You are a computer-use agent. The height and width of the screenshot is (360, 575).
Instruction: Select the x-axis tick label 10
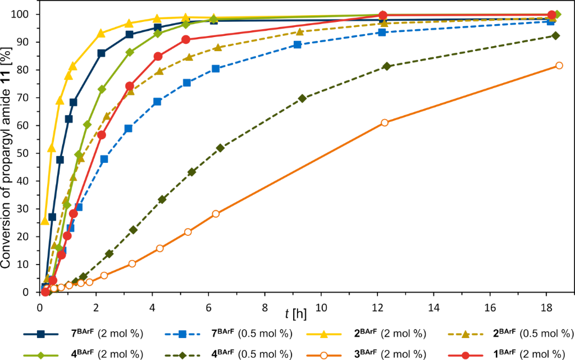321,308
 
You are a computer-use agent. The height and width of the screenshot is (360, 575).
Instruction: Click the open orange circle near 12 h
385,122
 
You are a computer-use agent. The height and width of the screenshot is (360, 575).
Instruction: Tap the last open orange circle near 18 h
559,65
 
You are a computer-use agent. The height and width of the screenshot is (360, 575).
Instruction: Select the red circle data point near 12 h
383,15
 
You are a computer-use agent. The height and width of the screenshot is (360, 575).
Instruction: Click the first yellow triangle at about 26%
45,220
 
